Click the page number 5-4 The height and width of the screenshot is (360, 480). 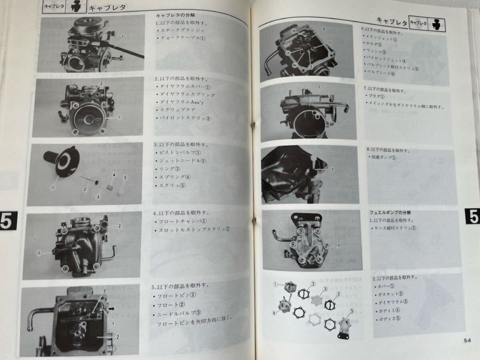pyautogui.click(x=467, y=340)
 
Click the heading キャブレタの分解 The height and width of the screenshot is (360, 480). pyautogui.click(x=175, y=16)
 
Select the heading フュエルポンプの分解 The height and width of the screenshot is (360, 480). pyautogui.click(x=390, y=212)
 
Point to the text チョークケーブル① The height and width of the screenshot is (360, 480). pyautogui.click(x=183, y=38)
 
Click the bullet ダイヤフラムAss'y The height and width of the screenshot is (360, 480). pyautogui.click(x=182, y=102)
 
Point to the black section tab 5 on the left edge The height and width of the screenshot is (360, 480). pyautogui.click(x=8, y=220)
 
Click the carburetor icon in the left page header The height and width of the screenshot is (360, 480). pyautogui.click(x=76, y=6)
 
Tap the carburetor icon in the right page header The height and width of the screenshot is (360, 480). pyautogui.click(x=437, y=24)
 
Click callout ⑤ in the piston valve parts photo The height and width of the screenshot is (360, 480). pyautogui.click(x=125, y=177)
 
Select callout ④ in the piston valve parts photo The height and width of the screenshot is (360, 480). pyautogui.click(x=114, y=175)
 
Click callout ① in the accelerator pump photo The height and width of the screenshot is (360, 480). pyautogui.click(x=332, y=169)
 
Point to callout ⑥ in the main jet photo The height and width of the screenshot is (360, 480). pyautogui.click(x=294, y=31)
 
